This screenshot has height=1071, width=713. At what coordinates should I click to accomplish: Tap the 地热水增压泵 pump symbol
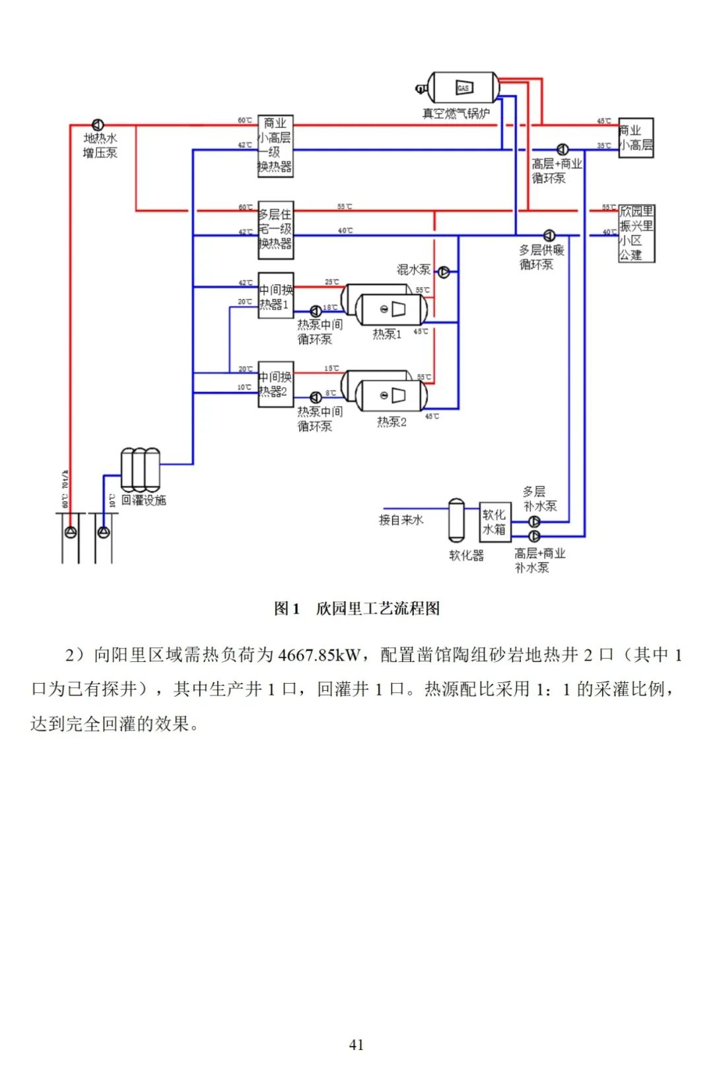click(98, 125)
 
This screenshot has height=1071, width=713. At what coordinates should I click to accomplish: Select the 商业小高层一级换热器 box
click(275, 146)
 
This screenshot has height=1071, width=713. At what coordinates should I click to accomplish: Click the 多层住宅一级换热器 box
click(275, 230)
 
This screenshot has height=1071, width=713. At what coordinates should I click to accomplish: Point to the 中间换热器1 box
click(275, 296)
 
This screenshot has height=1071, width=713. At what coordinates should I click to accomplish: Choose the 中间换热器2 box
click(275, 384)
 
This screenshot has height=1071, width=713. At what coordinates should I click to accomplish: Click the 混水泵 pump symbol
click(444, 272)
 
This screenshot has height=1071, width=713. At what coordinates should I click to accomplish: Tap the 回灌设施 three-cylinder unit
click(141, 470)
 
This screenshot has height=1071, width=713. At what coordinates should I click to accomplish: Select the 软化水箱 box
click(494, 522)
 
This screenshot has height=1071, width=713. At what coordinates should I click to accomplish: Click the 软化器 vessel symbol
click(456, 521)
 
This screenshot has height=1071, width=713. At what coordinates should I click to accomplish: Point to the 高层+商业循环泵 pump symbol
click(562, 150)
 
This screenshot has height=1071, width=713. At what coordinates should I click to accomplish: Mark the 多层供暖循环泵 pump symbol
click(549, 236)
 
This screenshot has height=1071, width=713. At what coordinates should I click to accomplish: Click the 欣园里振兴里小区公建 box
click(636, 234)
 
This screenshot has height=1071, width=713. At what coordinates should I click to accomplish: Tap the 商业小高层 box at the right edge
click(636, 138)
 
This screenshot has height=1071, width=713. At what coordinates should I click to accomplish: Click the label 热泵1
click(387, 335)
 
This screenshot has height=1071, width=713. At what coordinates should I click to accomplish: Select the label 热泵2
click(391, 422)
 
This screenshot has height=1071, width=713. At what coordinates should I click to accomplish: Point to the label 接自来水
click(401, 520)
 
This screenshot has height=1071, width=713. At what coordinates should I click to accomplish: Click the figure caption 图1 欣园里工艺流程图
click(356, 608)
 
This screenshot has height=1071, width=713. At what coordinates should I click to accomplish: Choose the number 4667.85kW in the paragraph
click(320, 655)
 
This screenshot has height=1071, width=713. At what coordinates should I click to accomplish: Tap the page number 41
click(356, 1045)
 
